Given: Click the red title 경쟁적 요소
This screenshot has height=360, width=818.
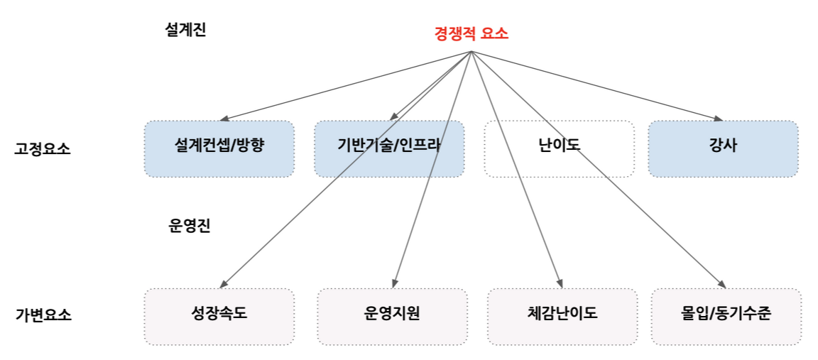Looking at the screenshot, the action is click(471, 34).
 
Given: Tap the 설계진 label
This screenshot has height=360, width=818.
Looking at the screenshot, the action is click(185, 30).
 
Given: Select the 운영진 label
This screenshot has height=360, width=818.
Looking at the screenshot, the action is click(189, 226).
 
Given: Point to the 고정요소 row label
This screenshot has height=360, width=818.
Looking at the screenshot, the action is click(43, 148).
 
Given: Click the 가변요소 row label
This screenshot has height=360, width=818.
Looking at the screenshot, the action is click(43, 315).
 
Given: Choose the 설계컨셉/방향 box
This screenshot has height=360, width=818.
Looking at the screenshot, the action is click(219, 149).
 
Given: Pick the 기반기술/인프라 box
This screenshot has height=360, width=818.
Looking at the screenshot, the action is click(389, 149).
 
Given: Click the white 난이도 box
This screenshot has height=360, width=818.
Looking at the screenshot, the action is click(560, 149).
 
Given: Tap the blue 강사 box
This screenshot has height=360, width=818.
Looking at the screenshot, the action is click(723, 149).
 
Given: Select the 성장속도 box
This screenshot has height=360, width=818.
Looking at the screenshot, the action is click(219, 317).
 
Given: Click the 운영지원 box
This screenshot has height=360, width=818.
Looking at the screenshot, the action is click(392, 317).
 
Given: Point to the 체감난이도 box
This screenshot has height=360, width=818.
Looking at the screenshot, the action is click(562, 317).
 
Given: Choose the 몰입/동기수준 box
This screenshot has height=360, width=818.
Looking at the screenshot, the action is click(726, 317).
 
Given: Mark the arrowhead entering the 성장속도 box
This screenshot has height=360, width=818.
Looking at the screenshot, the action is click(222, 284).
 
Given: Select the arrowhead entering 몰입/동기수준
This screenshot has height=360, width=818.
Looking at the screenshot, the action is click(722, 284).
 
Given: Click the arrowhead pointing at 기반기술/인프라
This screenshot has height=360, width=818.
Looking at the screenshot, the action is click(393, 117).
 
